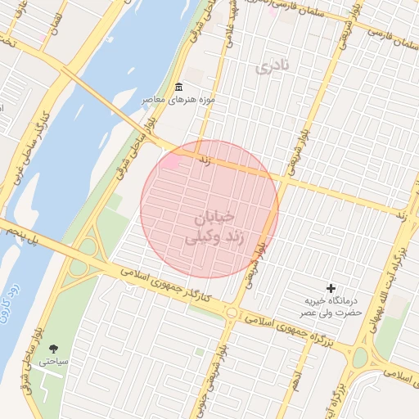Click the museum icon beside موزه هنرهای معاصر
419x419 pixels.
tap(179, 88)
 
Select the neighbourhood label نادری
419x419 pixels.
tap(273, 68)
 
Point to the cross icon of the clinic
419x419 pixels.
tap(331, 288)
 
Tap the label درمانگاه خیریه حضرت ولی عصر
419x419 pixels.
tap(330, 307)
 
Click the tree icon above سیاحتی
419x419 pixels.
tap(54, 349)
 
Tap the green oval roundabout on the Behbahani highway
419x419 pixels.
tap(359, 356)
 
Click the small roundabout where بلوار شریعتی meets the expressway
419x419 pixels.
tap(232, 313)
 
